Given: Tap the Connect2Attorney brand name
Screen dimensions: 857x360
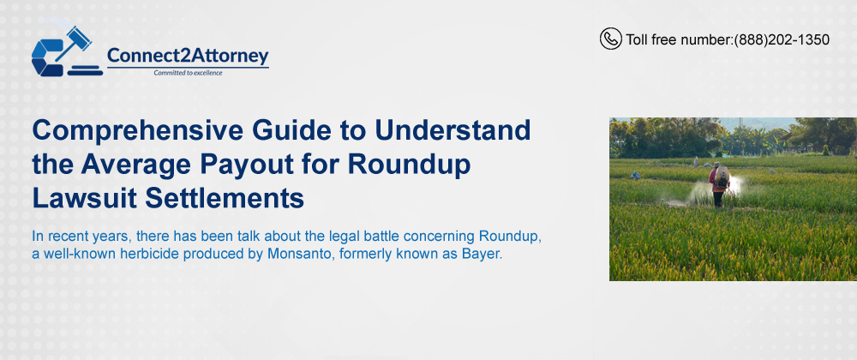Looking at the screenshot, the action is [x=188, y=55].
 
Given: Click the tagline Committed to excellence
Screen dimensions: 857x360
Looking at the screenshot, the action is [x=188, y=73].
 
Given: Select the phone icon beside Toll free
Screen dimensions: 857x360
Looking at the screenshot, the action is [x=610, y=39].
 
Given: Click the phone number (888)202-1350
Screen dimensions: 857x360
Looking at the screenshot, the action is [x=782, y=39].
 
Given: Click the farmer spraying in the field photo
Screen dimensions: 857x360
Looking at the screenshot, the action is [x=719, y=184].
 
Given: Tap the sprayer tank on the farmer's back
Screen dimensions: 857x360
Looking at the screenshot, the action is [x=722, y=177].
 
